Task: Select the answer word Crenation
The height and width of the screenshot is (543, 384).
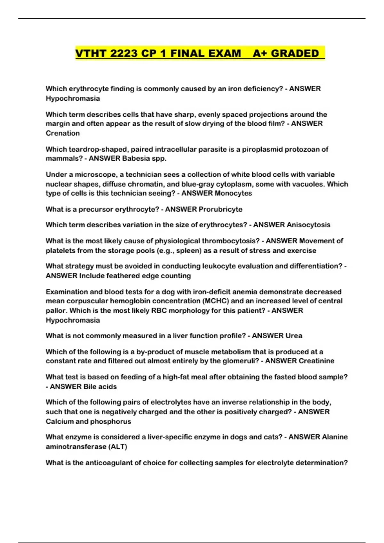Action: tap(63, 133)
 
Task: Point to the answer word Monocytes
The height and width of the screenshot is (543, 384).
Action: tap(233, 193)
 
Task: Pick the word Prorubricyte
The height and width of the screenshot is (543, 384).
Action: tap(220, 209)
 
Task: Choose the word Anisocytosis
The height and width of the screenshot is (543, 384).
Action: tap(308, 225)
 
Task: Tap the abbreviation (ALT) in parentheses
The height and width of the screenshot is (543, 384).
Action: tap(119, 447)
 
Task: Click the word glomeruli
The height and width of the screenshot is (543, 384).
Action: tap(241, 361)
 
